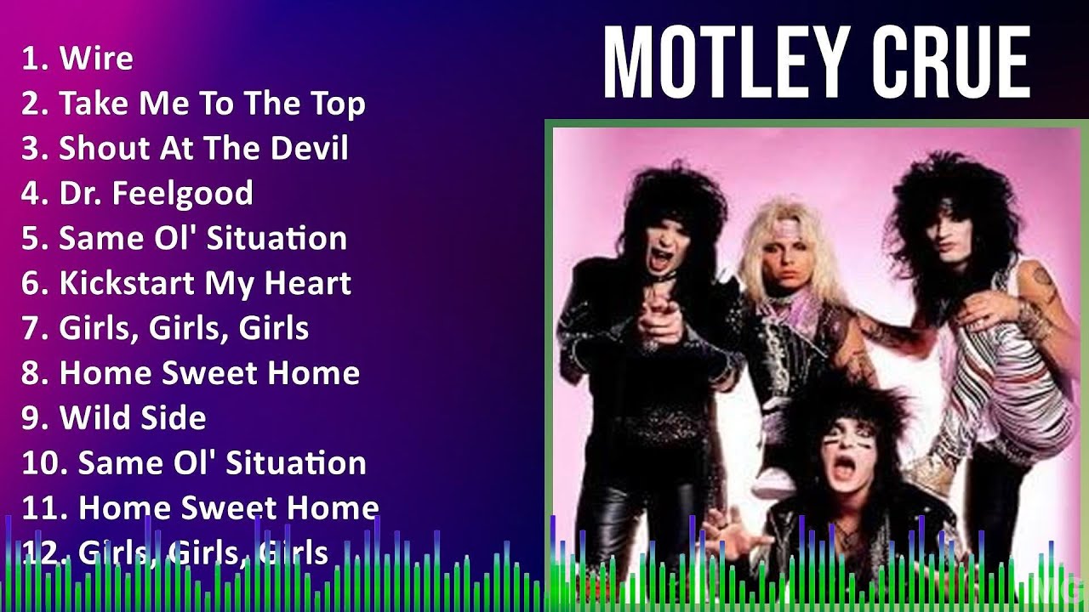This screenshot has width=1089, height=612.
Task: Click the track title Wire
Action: tap(95, 59)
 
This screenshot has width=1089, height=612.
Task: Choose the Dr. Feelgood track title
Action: tap(156, 194)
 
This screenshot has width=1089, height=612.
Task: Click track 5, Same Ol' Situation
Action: tap(202, 238)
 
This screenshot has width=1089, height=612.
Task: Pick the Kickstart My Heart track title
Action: tap(204, 283)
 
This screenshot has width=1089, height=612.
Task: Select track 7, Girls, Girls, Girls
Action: tap(184, 328)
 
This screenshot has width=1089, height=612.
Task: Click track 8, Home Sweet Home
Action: tap(209, 373)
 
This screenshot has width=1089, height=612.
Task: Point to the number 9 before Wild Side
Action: tap(31, 418)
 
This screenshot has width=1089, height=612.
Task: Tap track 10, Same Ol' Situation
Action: tap(222, 463)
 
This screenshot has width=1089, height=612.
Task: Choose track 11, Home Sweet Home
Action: tap(228, 508)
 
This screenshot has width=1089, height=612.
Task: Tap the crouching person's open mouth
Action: tap(845, 467)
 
